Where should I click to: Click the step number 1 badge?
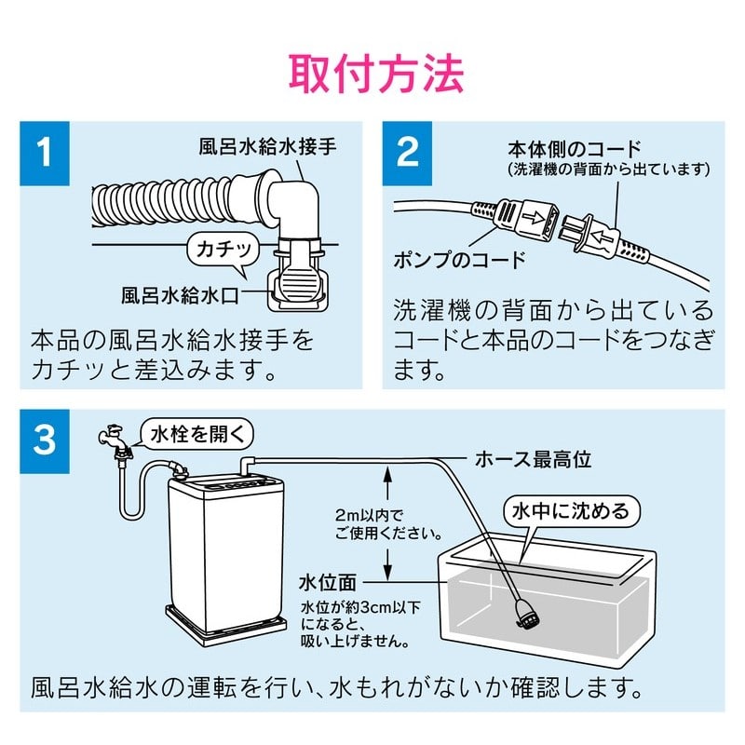pos(44,152)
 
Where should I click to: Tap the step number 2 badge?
pos(408,152)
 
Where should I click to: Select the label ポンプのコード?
pos(459,259)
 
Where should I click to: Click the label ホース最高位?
pos(533,458)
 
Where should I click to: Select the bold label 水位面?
pos(328,583)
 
